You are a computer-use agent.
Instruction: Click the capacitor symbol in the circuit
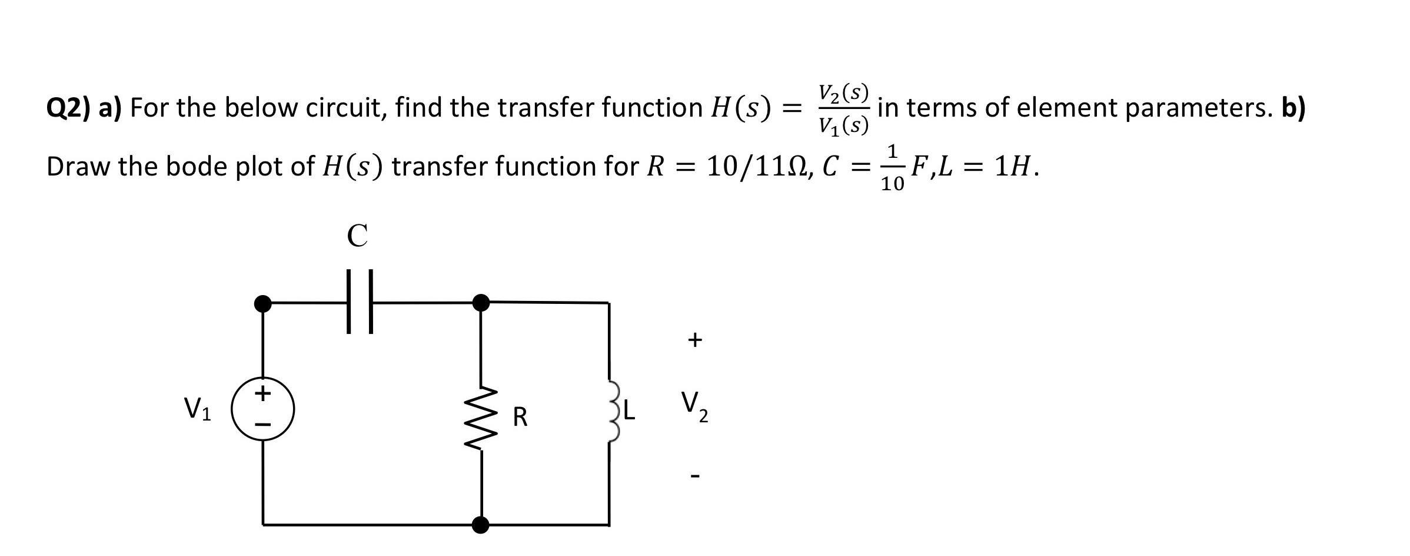(360, 302)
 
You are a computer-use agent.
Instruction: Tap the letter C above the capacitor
(357, 236)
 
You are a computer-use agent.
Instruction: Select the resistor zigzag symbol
(482, 418)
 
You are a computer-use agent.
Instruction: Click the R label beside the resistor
(520, 417)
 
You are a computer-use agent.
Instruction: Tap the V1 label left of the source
(197, 409)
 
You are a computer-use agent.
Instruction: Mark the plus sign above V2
(695, 339)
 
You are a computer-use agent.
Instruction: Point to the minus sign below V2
(695, 475)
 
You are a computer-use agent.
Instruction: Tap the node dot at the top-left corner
(262, 303)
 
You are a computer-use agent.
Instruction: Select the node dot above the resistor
(481, 302)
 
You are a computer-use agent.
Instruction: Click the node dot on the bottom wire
(481, 524)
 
